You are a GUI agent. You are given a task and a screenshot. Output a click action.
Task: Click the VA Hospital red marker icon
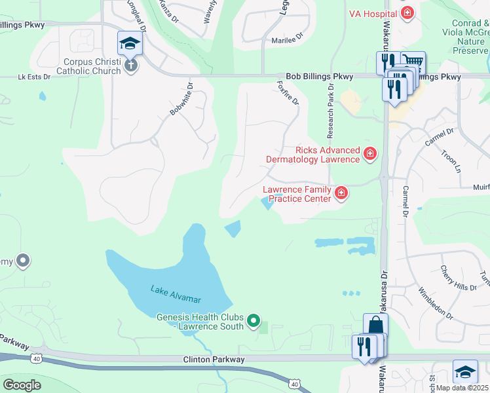tap(407, 12)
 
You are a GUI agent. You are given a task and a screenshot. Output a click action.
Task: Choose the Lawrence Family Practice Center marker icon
tap(341, 193)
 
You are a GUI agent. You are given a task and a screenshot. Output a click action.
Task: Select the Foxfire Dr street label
tap(288, 93)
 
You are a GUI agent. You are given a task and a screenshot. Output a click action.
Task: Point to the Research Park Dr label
tap(330, 114)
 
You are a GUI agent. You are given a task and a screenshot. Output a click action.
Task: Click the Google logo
tap(22, 384)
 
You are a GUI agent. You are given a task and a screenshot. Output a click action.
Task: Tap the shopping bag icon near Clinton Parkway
tap(376, 325)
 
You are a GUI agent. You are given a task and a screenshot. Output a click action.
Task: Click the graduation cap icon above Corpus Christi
tap(130, 44)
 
